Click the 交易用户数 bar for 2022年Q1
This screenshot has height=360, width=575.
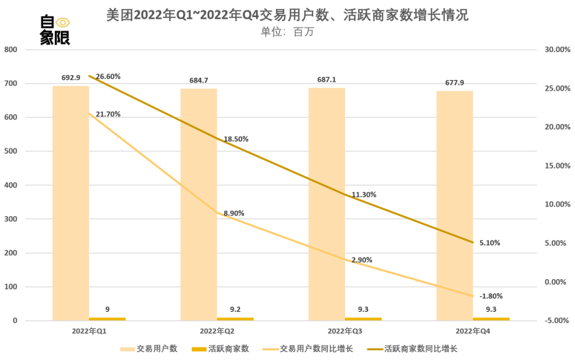click(x=70, y=202)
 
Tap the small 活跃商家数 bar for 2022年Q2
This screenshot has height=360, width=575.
click(x=235, y=318)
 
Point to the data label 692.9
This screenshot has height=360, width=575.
click(x=70, y=78)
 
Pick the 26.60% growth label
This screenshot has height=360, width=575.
click(x=108, y=76)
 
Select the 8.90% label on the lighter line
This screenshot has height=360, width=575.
click(x=234, y=213)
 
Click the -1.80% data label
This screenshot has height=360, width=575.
click(x=490, y=296)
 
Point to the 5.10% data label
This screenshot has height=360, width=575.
click(x=490, y=243)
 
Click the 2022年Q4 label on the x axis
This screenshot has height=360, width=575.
click(x=473, y=331)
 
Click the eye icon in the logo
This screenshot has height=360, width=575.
click(x=63, y=22)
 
